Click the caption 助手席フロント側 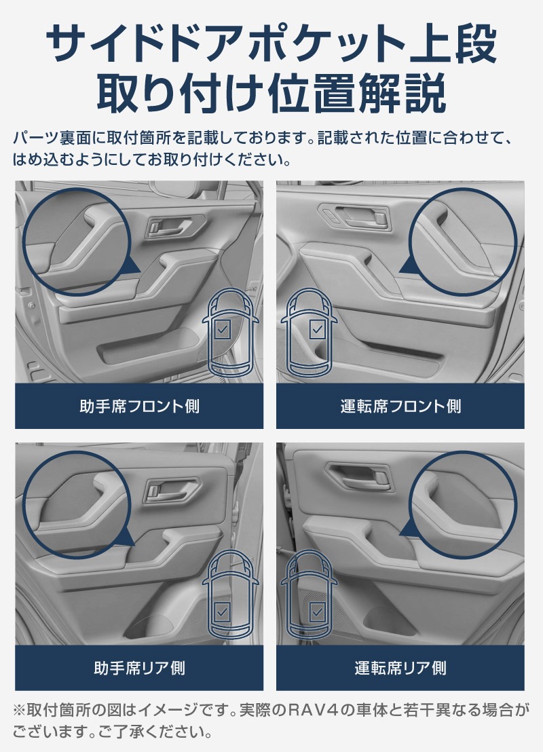(139, 407)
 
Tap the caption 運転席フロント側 (400, 407)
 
